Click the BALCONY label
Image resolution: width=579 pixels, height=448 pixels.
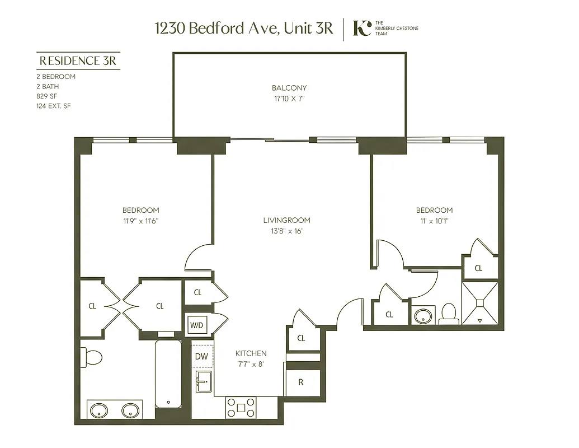click(289, 88)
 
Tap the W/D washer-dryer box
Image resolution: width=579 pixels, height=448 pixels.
click(196, 324)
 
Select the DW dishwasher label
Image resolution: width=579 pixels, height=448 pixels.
click(201, 356)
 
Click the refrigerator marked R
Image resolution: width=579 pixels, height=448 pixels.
click(301, 383)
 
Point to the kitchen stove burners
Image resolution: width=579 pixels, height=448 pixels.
click(241, 407)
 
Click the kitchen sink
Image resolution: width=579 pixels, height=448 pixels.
click(203, 381)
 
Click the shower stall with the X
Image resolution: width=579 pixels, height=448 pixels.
click(479, 303)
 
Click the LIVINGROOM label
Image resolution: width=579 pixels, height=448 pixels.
click(286, 220)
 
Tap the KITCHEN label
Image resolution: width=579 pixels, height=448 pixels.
click(251, 353)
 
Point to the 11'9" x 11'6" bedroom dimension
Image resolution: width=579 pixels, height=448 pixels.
click(140, 221)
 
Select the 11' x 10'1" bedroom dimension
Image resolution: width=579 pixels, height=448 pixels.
click(434, 221)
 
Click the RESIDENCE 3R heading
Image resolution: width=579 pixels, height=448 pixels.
click(78, 60)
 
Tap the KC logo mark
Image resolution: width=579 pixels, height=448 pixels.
click(363, 28)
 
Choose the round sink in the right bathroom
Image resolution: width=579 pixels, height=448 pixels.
click(424, 316)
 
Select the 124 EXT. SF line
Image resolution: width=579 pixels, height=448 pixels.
click(55, 106)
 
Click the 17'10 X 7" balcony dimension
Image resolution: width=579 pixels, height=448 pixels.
click(289, 99)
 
